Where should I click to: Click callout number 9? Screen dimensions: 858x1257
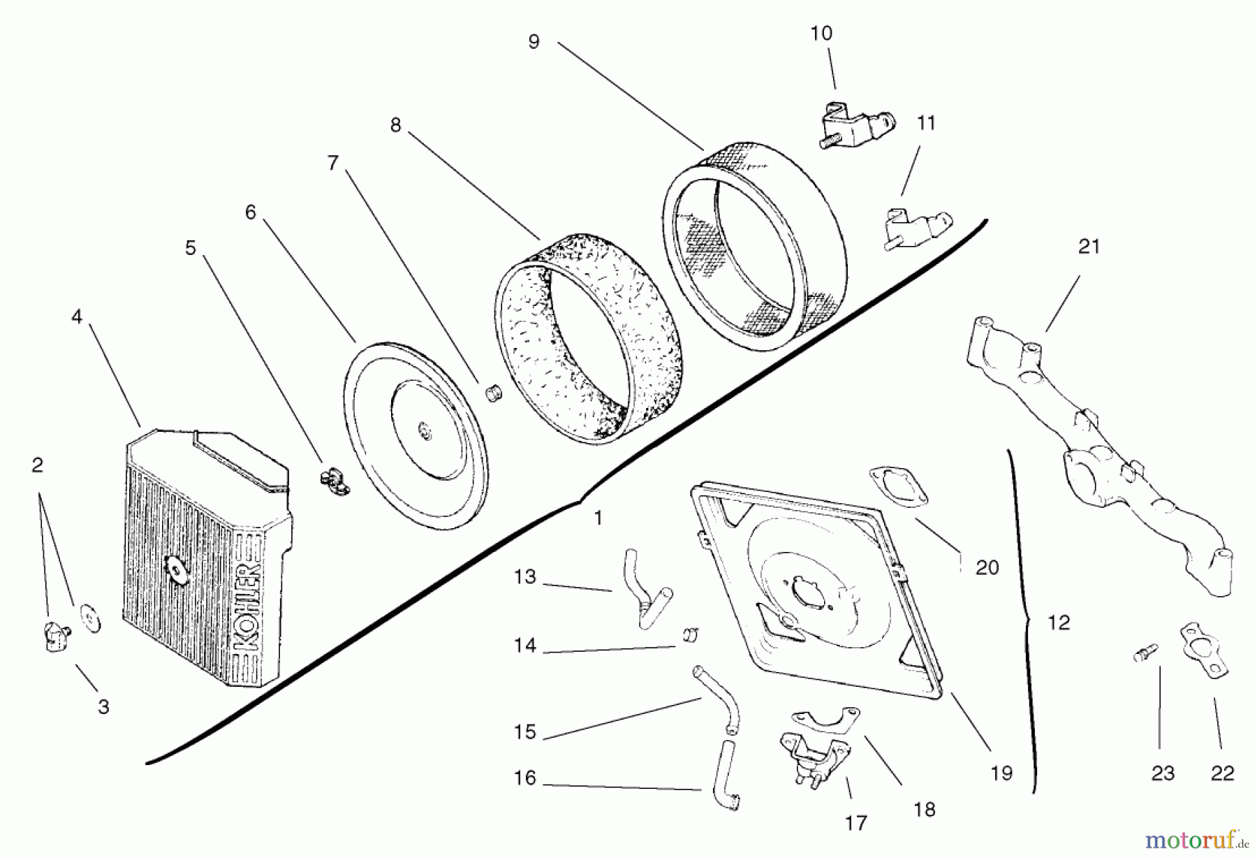[x=534, y=42]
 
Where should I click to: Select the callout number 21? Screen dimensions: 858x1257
[x=1089, y=247]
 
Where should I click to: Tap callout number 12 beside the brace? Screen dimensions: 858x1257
[x=1059, y=623]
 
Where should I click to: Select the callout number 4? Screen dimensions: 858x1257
[x=77, y=317]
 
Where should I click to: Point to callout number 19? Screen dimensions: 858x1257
[x=1001, y=773]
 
